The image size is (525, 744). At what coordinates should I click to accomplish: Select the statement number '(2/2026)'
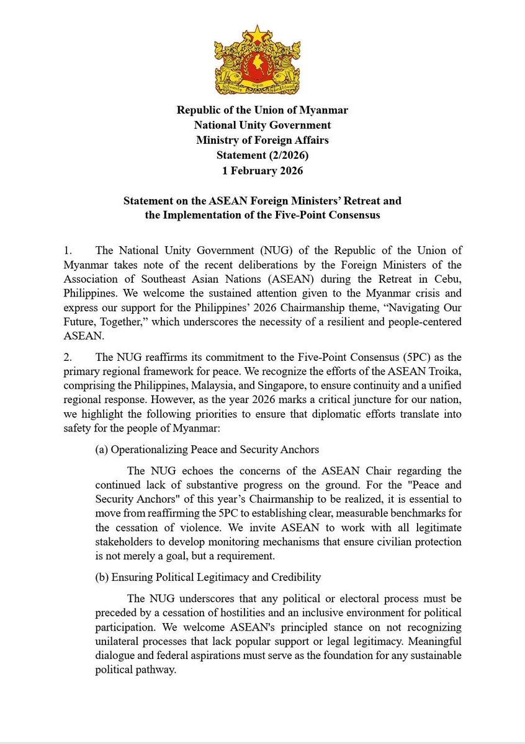286,156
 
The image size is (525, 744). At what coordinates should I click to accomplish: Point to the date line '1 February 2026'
262,170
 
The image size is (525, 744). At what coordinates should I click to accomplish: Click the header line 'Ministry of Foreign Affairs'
262,141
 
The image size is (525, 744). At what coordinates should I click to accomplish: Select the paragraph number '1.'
68,251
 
